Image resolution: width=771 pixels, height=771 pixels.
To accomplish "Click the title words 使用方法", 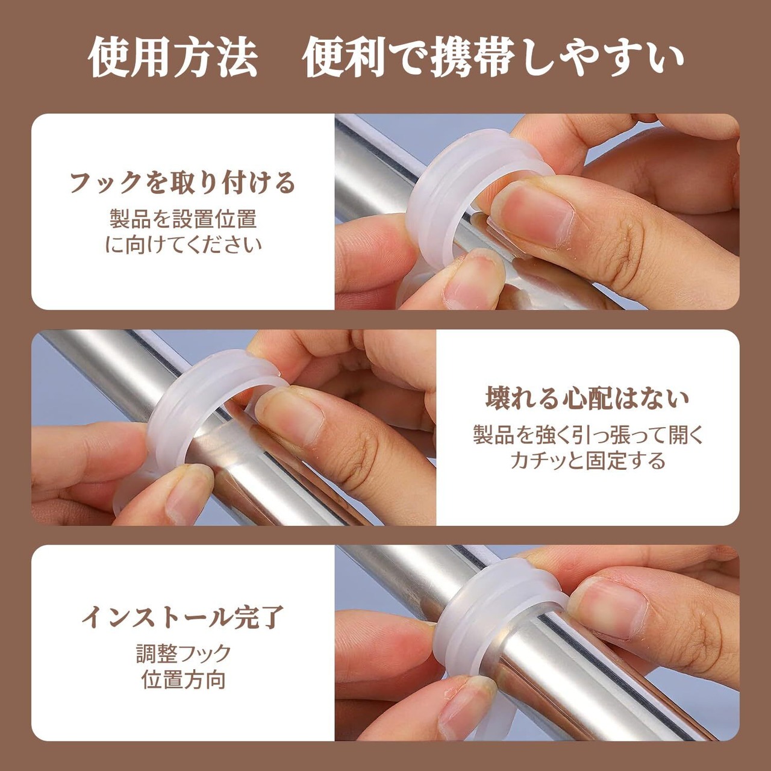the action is point(172,58).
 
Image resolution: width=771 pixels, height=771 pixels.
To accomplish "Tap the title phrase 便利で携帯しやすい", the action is point(493,58).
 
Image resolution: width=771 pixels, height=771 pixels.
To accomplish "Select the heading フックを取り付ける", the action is point(183,183).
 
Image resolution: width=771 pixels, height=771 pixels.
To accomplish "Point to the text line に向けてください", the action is point(183,245).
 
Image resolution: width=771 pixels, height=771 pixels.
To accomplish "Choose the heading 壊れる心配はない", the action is point(587,399).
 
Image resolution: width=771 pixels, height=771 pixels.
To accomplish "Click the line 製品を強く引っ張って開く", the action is point(587,434).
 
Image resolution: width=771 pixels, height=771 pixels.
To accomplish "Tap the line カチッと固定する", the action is point(587,460).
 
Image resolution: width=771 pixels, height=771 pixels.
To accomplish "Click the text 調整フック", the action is point(183,654).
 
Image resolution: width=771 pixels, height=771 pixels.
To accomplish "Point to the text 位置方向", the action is point(183,680).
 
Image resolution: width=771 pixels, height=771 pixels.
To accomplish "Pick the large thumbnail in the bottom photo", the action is point(608,608).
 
